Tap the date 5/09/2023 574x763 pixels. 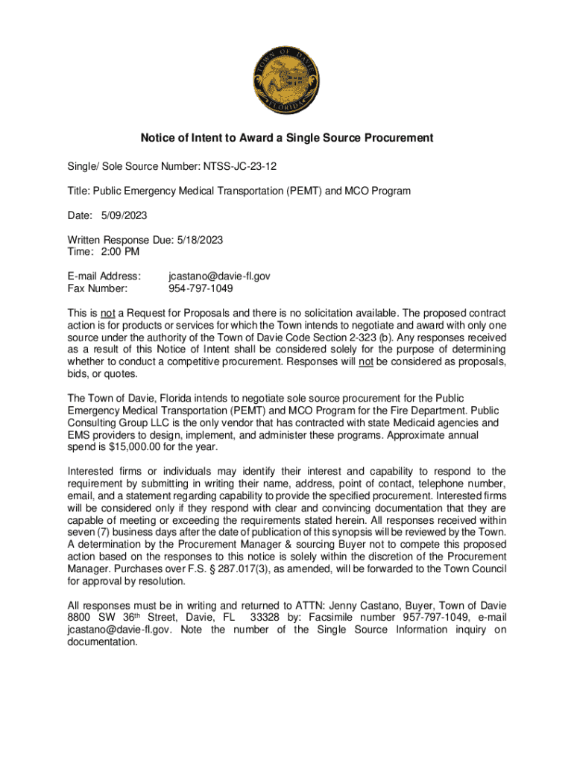coord(124,215)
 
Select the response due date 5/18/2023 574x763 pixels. coord(199,240)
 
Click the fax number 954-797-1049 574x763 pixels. coord(201,288)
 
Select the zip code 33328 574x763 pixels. coord(268,618)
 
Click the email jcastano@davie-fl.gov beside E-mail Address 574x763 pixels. coord(220,276)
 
